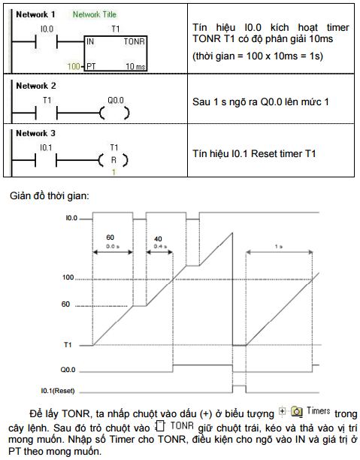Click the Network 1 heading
pyautogui.click(x=35, y=14)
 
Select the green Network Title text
pyautogui.click(x=95, y=14)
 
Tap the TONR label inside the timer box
pyautogui.click(x=134, y=41)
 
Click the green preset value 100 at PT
pyautogui.click(x=74, y=67)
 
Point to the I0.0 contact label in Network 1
pyautogui.click(x=47, y=29)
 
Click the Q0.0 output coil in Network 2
pyautogui.click(x=114, y=113)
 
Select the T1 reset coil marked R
pyautogui.click(x=113, y=160)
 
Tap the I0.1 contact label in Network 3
pyautogui.click(x=46, y=148)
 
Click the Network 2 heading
pyautogui.click(x=36, y=86)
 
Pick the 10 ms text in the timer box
pyautogui.click(x=135, y=67)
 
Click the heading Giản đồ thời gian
pyautogui.click(x=50, y=195)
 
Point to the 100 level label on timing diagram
pyautogui.click(x=68, y=277)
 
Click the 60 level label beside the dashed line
pyautogui.click(x=65, y=304)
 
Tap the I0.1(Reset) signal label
pyautogui.click(x=58, y=391)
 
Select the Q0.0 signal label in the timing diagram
pyautogui.click(x=68, y=370)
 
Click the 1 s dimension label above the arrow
pyautogui.click(x=278, y=247)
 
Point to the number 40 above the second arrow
pyautogui.click(x=158, y=239)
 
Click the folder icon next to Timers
pyautogui.click(x=297, y=412)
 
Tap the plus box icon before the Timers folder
pyautogui.click(x=282, y=411)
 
